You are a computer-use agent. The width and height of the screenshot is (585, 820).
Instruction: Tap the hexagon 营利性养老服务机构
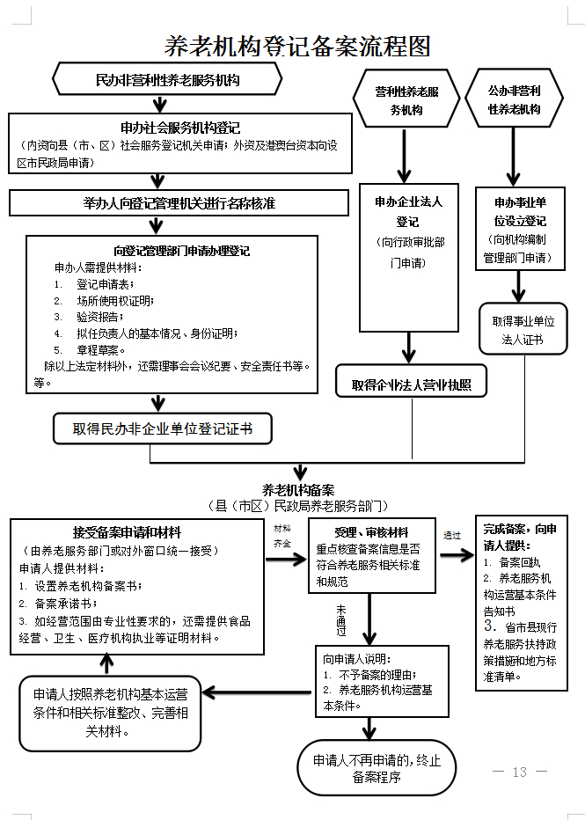coord(406,100)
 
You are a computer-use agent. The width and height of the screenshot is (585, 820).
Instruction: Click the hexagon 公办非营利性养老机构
coord(526,99)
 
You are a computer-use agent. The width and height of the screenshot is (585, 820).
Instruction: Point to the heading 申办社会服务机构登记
coord(180,128)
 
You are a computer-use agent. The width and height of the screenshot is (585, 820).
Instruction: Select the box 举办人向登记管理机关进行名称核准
coord(179,203)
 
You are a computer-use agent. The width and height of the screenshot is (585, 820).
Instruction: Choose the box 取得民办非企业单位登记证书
coord(163,429)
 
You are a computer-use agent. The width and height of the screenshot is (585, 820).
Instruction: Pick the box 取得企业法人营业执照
coord(411,384)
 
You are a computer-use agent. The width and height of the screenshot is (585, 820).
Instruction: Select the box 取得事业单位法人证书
coord(524,329)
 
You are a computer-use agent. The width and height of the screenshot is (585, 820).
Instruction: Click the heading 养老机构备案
coord(298,490)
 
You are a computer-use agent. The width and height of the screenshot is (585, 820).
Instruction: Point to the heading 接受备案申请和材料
coord(127,533)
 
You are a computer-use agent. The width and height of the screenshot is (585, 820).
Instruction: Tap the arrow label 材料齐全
coord(282,536)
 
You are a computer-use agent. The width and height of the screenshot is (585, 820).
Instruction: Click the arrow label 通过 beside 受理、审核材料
coord(452,535)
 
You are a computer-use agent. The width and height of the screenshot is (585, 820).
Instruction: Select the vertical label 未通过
coord(340,619)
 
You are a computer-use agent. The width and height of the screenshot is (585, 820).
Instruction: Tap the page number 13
coord(519,772)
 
